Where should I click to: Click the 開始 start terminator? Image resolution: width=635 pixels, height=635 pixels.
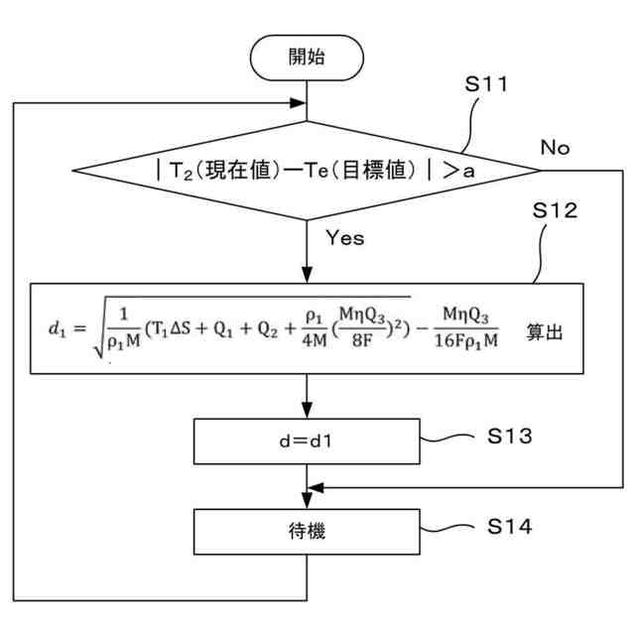point(307,58)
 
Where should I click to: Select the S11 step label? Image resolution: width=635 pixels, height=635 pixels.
point(486,84)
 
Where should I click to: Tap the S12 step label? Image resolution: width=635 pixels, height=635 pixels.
point(555,210)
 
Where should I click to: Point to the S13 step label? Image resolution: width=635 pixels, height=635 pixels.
point(509,437)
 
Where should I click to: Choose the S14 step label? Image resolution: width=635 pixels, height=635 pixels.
point(509,527)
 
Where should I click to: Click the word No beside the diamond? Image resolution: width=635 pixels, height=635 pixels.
point(556,148)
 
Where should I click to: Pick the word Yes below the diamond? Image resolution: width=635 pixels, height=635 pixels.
point(345,238)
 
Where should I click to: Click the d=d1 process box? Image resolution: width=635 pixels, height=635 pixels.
point(307,442)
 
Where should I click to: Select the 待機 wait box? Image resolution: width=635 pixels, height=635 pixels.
point(307,532)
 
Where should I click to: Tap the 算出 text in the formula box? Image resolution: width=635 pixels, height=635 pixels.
point(545,332)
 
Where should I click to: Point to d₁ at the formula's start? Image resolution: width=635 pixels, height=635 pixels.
point(57,328)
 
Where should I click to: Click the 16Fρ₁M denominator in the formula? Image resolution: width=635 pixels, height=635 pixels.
point(466,341)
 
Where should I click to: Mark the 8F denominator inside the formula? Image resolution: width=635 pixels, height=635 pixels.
point(362,341)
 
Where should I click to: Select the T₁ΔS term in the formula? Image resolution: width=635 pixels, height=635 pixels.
point(169,328)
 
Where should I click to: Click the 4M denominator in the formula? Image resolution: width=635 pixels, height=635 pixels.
point(315,341)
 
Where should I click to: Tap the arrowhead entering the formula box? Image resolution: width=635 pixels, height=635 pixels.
point(307,275)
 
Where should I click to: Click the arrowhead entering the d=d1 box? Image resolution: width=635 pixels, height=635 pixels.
point(307,410)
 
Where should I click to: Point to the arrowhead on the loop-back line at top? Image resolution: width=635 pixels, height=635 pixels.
point(298,103)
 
